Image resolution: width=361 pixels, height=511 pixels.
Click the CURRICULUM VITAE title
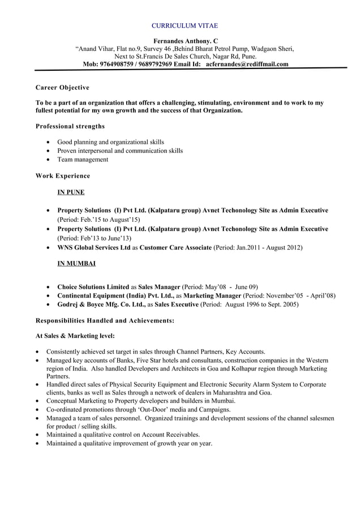tap(185, 26)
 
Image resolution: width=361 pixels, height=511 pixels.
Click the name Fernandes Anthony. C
tap(185, 41)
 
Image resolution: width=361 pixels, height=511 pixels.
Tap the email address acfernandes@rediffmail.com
tap(247, 64)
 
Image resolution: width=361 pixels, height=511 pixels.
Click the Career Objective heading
tap(62, 88)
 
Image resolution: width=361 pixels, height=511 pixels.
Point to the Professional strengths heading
tap(70, 126)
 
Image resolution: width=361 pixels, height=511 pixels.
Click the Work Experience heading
tap(62, 176)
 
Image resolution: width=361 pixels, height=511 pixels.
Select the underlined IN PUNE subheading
tap(71, 192)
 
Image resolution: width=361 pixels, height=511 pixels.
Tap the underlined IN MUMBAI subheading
tap(76, 264)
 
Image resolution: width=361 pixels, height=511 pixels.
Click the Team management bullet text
tap(83, 160)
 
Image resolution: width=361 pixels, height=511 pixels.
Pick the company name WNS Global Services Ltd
tap(94, 247)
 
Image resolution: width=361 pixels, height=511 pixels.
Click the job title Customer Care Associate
tap(175, 247)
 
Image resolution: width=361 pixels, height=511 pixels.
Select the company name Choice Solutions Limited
tap(93, 287)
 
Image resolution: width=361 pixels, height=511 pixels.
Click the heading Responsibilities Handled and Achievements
tap(105, 320)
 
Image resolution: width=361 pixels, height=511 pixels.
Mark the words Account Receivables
tap(167, 435)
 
